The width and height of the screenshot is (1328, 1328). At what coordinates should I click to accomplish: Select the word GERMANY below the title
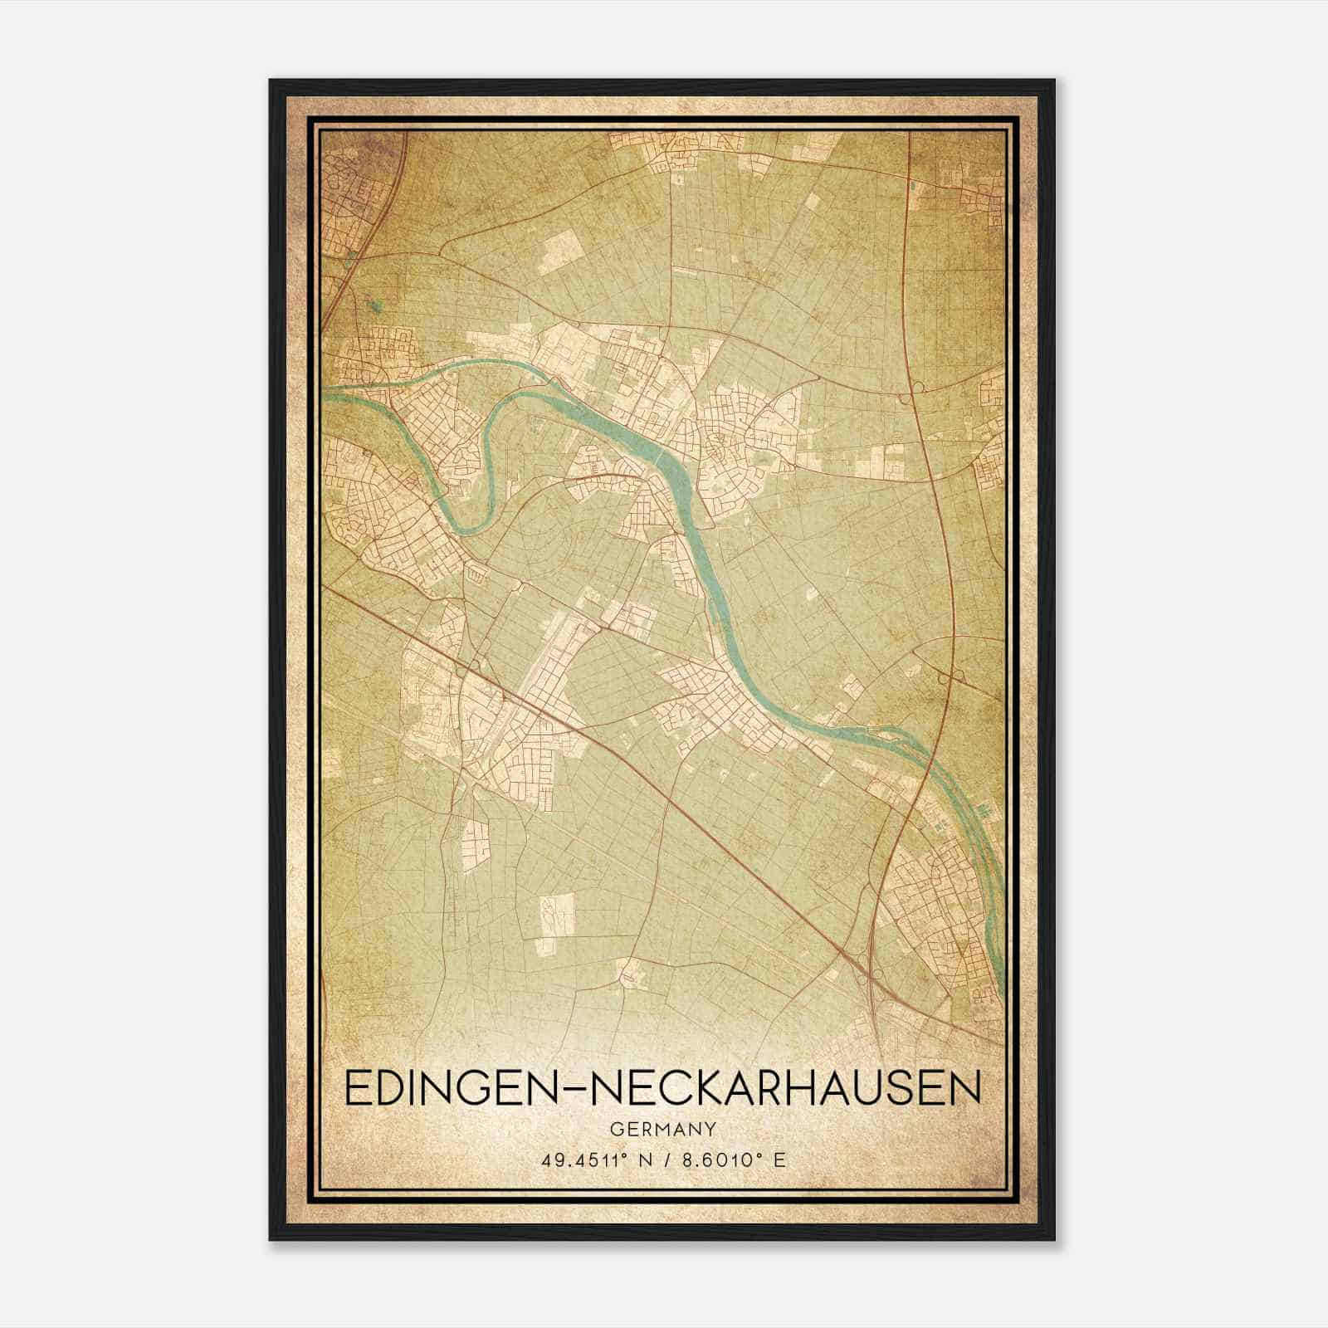coord(662,1129)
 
